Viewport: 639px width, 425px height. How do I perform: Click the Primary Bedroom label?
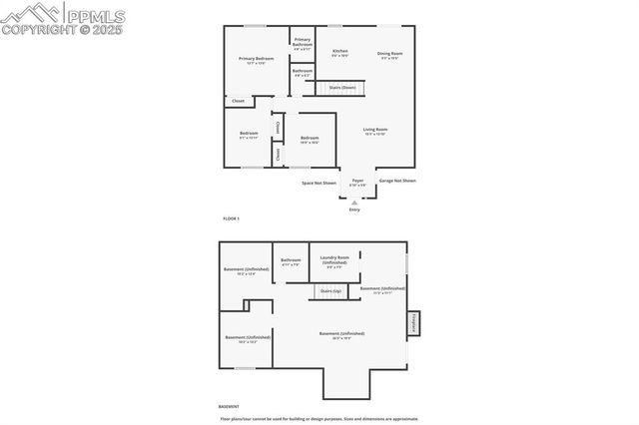point(256,60)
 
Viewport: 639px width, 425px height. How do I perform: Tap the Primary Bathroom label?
point(303,43)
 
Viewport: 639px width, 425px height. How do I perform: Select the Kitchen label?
point(340,52)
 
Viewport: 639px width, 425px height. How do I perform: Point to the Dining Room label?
point(389,54)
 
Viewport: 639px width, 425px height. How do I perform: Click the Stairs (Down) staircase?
point(342,88)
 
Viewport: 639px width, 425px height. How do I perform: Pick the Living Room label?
point(374,130)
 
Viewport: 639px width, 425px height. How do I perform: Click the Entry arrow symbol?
point(354,203)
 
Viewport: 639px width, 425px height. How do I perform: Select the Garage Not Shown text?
point(397,181)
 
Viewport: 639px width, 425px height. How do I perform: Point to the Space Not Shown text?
point(319,183)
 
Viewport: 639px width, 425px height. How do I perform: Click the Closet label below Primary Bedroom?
point(238,101)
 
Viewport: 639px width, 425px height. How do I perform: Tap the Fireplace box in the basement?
point(413,324)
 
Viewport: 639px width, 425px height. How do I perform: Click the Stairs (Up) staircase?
point(329,290)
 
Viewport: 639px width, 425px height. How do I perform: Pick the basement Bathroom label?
point(291,261)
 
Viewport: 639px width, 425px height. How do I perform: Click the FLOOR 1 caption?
point(231,217)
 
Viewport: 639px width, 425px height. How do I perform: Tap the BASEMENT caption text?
point(229,407)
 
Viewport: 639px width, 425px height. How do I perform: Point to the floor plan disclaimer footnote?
point(319,418)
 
